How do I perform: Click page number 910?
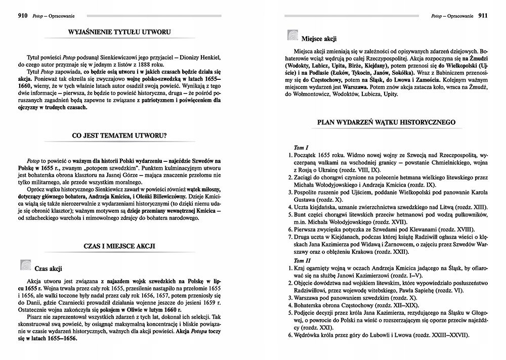click(x=10, y=15)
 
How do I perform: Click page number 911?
click(x=482, y=16)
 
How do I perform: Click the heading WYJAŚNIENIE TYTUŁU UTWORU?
click(x=119, y=33)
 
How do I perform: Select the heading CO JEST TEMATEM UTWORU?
click(x=119, y=136)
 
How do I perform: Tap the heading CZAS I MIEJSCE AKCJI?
click(x=119, y=246)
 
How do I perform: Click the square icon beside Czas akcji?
click(x=24, y=265)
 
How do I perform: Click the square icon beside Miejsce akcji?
click(x=291, y=35)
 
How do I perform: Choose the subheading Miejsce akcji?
click(x=319, y=38)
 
